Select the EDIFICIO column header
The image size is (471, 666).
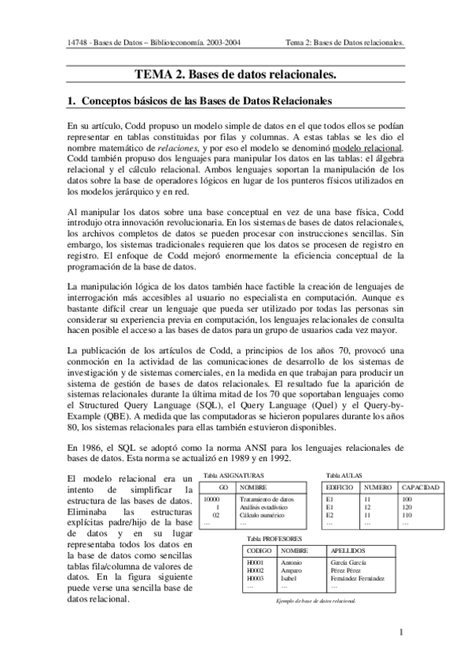[340, 488]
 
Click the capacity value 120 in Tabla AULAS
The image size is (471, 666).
[407, 507]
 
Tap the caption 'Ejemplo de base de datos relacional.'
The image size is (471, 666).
[312, 601]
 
